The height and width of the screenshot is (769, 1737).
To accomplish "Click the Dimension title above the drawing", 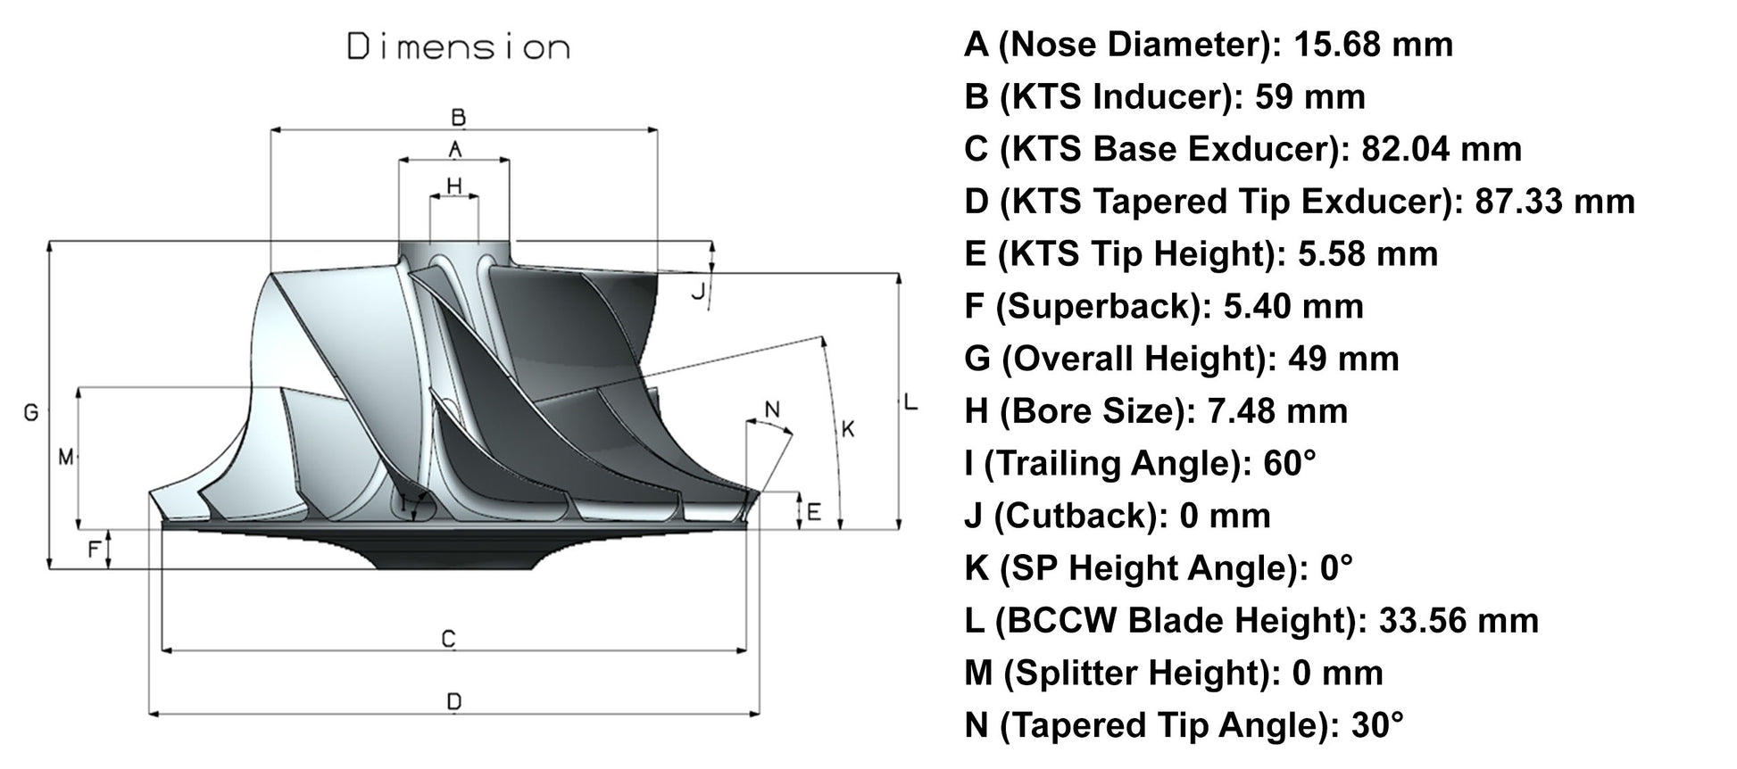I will [x=458, y=46].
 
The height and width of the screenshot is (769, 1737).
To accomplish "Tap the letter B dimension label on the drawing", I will [x=458, y=117].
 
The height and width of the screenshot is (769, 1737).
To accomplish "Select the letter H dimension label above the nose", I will [x=454, y=186].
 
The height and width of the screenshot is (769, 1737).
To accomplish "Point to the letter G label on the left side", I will [x=31, y=412].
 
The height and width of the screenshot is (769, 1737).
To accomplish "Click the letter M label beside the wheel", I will [x=65, y=458].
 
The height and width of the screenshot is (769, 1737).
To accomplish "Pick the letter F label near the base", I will [x=94, y=550].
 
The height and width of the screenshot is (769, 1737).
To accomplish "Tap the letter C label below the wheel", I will [x=449, y=639].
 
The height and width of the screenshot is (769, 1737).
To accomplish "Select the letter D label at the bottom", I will [x=453, y=702].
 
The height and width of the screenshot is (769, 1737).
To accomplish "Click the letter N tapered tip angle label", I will [x=773, y=409].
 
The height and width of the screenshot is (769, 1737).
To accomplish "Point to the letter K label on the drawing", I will [x=848, y=429].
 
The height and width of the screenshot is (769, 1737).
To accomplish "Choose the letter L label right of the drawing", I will [x=910, y=402].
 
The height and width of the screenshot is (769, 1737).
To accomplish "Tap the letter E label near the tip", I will [x=813, y=513].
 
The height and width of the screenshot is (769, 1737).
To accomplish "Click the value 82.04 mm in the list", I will [x=1441, y=149].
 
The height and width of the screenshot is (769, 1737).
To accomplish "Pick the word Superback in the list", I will [x=1095, y=306].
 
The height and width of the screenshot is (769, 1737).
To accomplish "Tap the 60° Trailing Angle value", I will [x=1290, y=463].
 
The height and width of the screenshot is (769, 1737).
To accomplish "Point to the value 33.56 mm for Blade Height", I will [x=1458, y=620].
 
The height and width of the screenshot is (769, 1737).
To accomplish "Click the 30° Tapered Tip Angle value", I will [x=1377, y=724].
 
